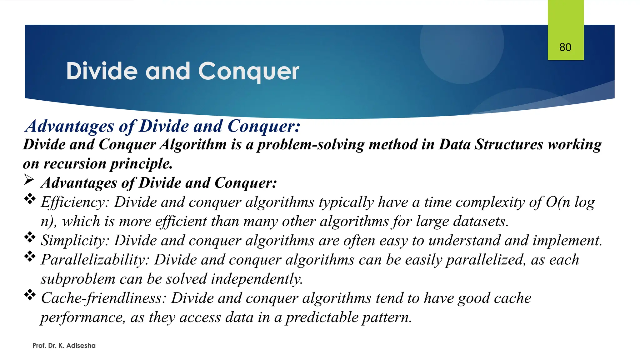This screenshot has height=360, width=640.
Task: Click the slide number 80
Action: coord(565,47)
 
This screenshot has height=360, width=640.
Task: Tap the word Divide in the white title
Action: coord(102,71)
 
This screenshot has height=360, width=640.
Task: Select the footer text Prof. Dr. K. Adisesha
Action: coord(64,346)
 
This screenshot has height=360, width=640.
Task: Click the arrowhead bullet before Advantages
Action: coord(29,180)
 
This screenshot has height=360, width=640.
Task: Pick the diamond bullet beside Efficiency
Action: coord(30,199)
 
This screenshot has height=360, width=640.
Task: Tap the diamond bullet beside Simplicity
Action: coord(30,237)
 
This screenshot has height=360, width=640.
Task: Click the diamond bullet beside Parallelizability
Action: coord(30,257)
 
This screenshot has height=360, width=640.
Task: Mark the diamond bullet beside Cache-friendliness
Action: coord(30,295)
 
